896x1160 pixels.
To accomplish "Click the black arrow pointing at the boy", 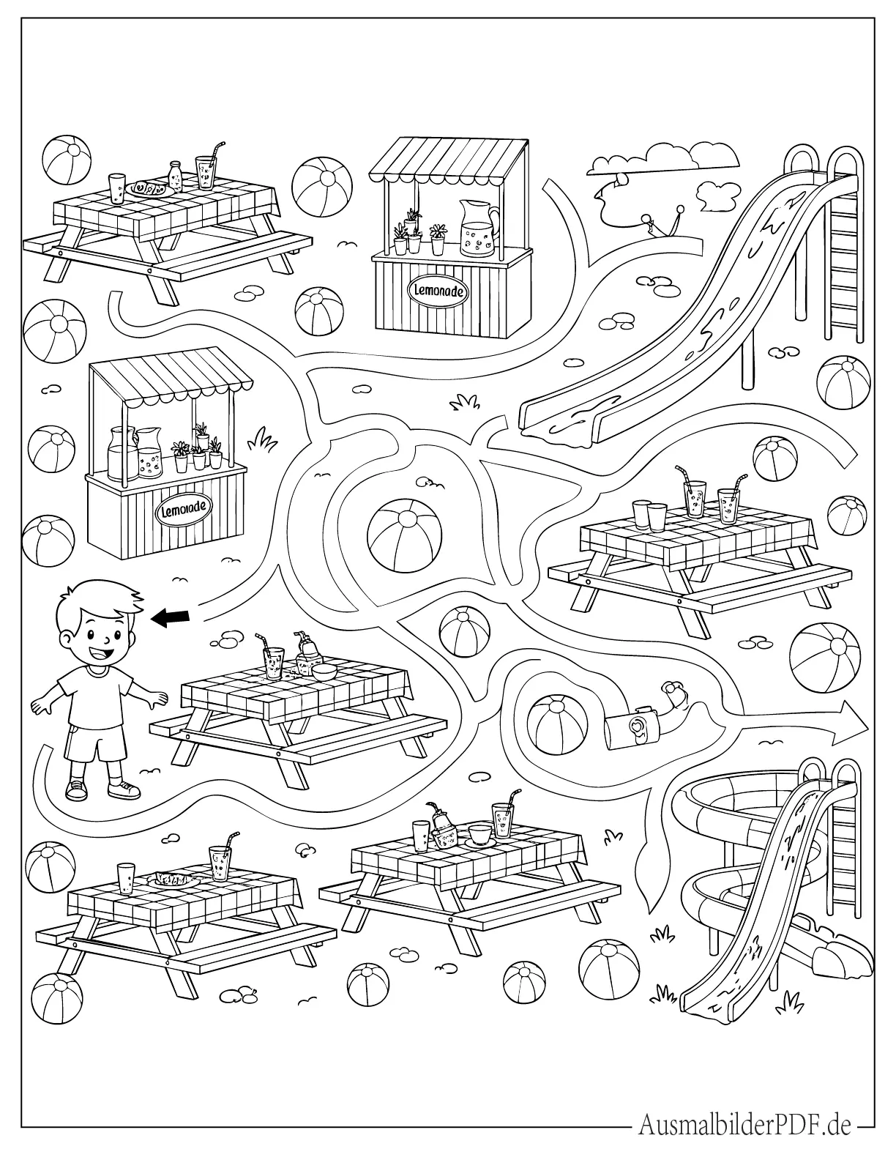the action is [171, 618].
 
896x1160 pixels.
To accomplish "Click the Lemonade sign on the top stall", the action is [438, 292].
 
